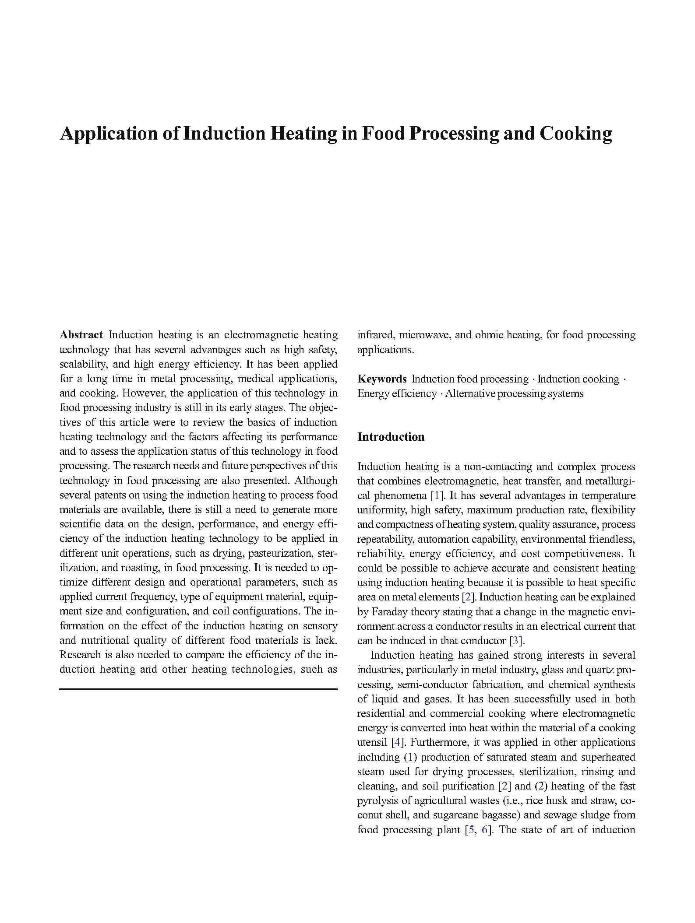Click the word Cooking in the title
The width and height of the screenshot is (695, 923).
click(x=575, y=133)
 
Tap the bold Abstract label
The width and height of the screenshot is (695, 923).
click(x=81, y=335)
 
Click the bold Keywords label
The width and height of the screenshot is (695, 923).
click(x=382, y=379)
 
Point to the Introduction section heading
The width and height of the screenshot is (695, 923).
click(x=391, y=437)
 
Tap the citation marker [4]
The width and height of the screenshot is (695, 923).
click(x=398, y=742)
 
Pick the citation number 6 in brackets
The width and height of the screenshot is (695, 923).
click(x=485, y=830)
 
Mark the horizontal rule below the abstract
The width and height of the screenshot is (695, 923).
click(x=198, y=689)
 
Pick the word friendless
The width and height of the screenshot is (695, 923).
click(x=611, y=539)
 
